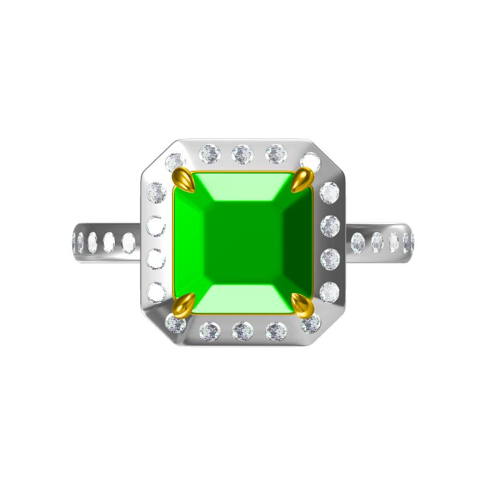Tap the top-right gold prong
click(x=302, y=180)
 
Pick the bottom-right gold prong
click(x=302, y=304)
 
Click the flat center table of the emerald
click(x=243, y=243)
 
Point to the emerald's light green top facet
click(x=243, y=188)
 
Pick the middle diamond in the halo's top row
click(x=242, y=154)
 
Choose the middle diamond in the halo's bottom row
click(x=242, y=330)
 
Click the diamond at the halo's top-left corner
click(x=175, y=162)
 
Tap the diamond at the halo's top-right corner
click(x=310, y=162)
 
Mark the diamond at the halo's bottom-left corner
click(x=176, y=323)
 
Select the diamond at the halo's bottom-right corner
click(x=310, y=323)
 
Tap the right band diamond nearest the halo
click(x=358, y=243)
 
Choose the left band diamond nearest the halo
click(x=128, y=243)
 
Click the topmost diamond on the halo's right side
click(x=329, y=193)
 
